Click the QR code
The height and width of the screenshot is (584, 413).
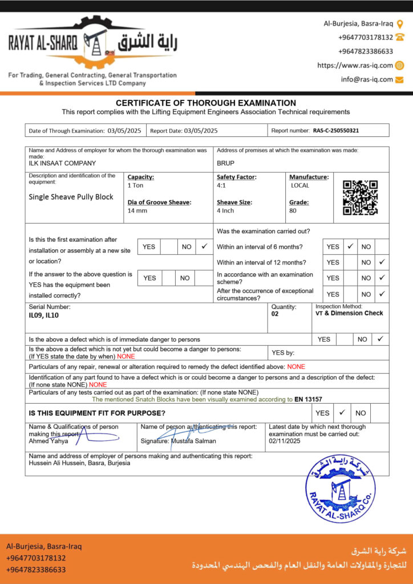tap(360, 197)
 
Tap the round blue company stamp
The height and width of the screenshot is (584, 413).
tap(340, 489)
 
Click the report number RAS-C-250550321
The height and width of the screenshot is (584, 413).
tap(336, 131)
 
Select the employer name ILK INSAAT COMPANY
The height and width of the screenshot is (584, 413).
tap(62, 163)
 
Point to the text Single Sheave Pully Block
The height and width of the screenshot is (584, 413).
tap(71, 197)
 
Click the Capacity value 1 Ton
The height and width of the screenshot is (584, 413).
tap(136, 185)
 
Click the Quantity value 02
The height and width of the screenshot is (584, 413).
tap(275, 314)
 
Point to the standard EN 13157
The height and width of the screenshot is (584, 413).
tap(309, 399)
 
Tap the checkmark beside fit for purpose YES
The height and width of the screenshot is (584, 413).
tap(342, 412)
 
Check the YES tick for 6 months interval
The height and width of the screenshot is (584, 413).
tap(350, 246)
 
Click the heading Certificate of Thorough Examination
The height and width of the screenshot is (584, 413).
tap(206, 103)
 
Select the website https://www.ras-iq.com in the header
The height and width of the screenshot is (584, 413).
tap(355, 66)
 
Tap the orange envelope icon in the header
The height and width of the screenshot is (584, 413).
tap(399, 79)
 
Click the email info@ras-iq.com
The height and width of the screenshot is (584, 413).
tap(367, 79)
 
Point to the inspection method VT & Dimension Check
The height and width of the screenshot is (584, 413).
tap(349, 313)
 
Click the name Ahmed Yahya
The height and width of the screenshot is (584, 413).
tap(48, 441)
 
